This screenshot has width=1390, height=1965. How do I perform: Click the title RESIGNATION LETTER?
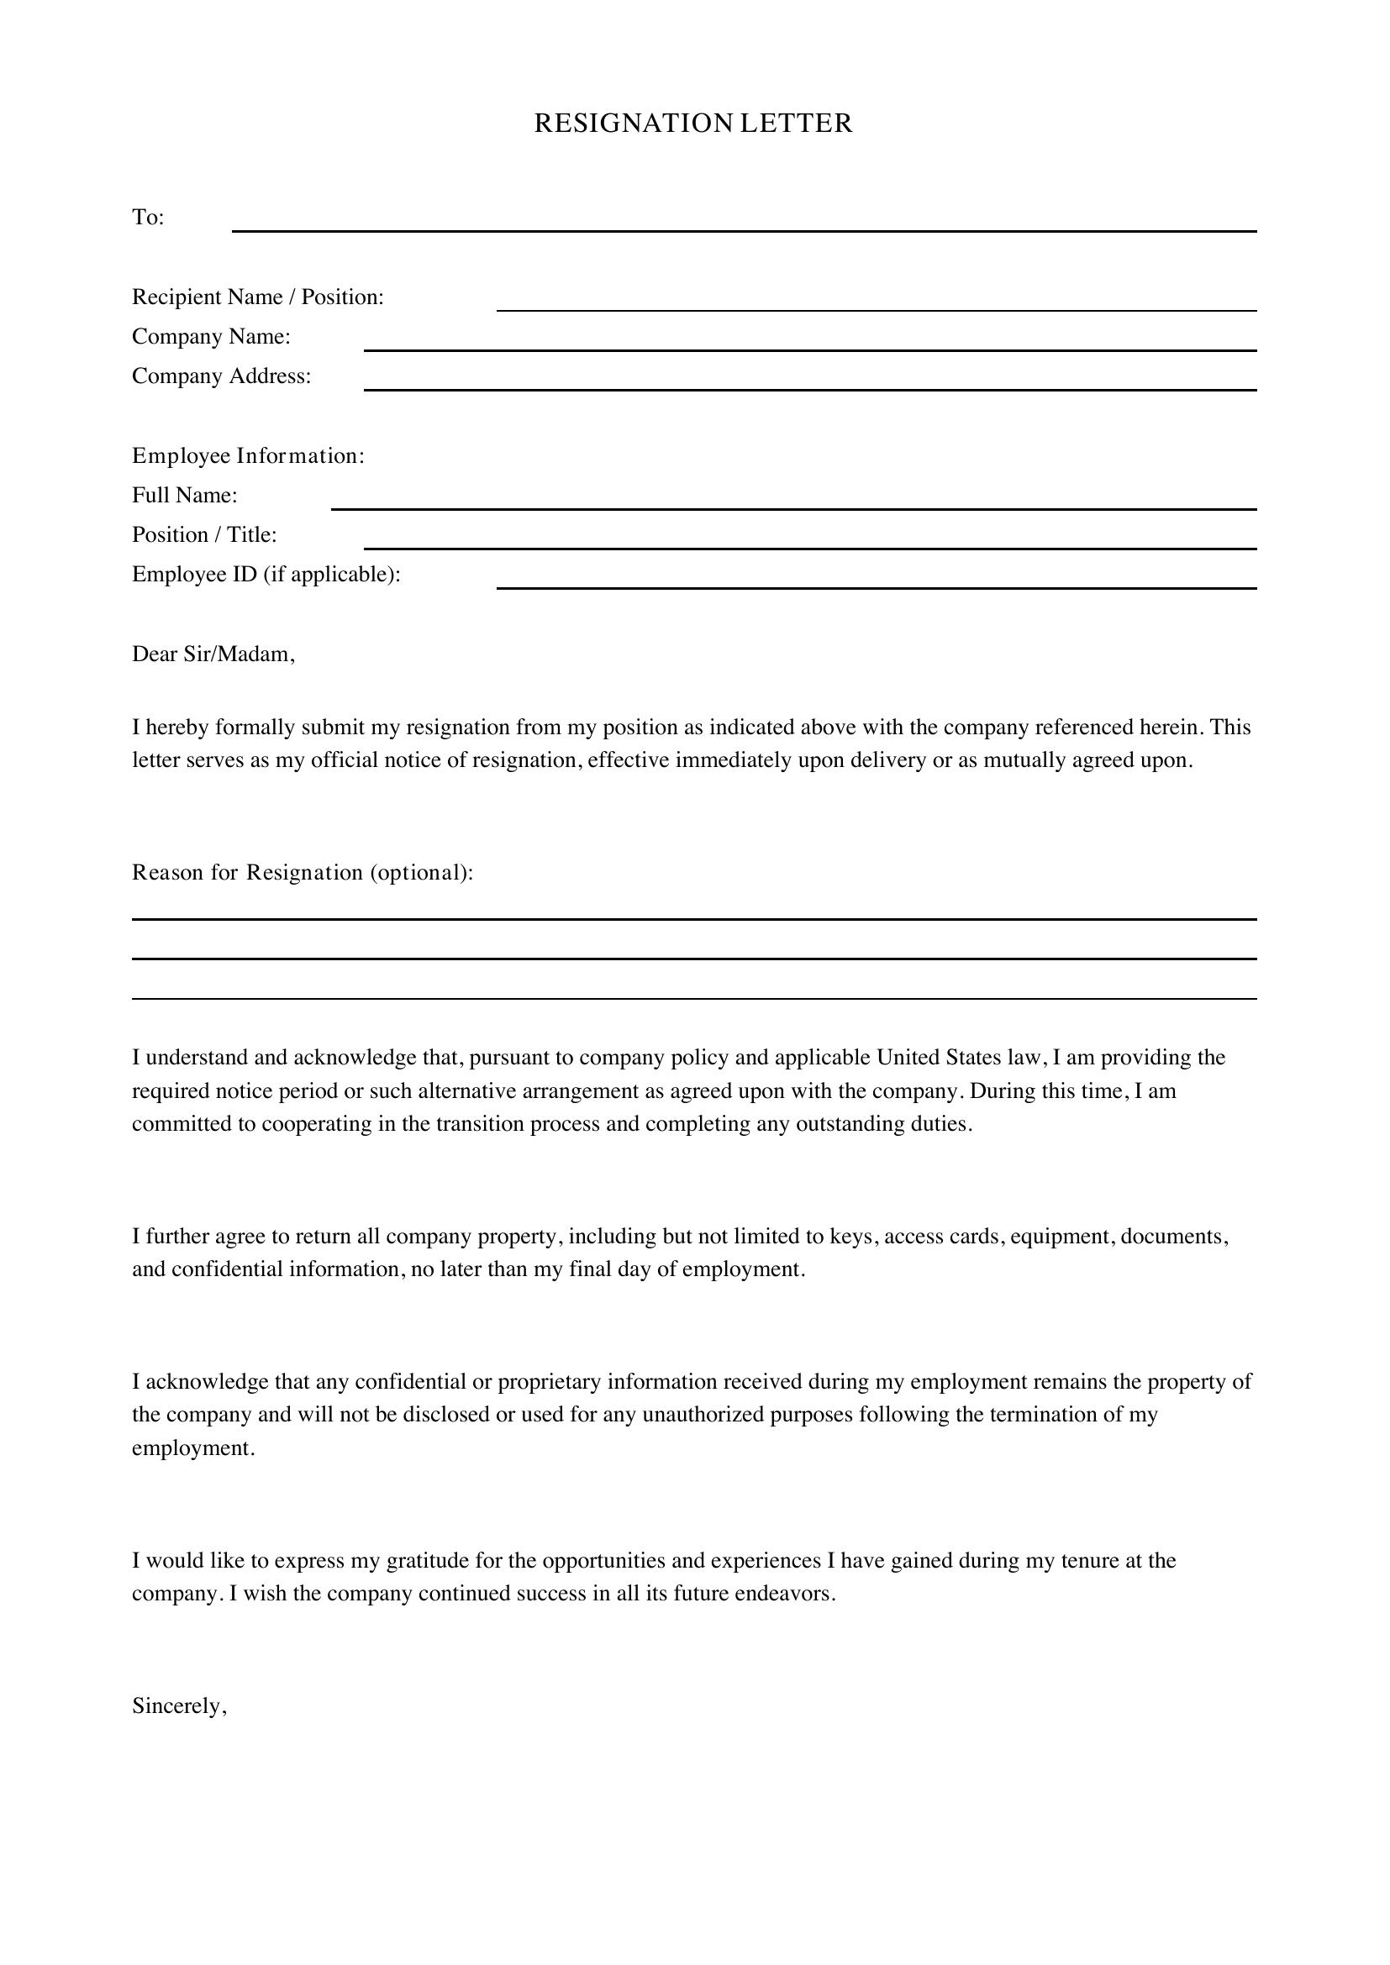click(693, 124)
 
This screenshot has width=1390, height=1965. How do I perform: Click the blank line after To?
click(744, 229)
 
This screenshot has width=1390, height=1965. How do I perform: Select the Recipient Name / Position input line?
click(876, 308)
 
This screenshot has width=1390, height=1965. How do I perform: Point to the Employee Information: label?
click(248, 456)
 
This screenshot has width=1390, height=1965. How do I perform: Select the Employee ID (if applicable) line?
click(876, 586)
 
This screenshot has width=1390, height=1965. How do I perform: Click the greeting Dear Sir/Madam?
click(213, 654)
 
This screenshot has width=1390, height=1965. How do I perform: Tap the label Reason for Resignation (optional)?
click(303, 873)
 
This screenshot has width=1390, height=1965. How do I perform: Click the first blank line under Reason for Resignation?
click(693, 918)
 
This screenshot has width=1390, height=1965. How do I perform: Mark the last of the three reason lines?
click(693, 997)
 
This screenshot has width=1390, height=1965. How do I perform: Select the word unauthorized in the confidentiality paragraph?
click(703, 1415)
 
